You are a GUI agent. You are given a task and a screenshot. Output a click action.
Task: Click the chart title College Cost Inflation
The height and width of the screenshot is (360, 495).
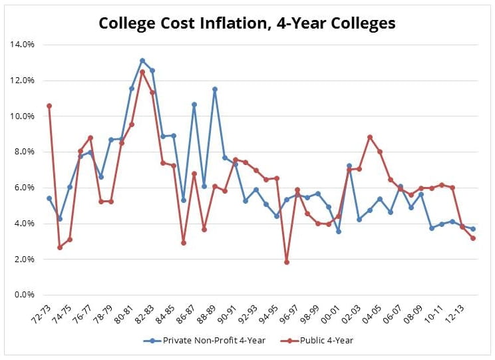click(x=247, y=23)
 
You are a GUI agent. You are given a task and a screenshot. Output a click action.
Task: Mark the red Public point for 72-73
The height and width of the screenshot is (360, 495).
click(x=49, y=106)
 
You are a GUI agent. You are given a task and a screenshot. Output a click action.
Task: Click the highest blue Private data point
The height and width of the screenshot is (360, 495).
click(x=142, y=61)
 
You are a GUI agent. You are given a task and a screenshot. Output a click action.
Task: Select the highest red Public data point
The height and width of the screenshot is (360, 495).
click(x=142, y=72)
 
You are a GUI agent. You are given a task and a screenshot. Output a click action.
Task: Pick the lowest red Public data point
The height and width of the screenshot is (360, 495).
click(x=287, y=262)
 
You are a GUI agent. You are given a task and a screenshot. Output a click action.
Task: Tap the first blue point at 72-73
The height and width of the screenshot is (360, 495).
click(x=49, y=198)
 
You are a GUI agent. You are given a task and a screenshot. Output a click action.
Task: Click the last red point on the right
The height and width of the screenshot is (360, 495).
click(x=473, y=238)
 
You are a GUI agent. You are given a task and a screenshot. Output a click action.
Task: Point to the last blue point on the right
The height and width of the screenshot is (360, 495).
click(x=473, y=229)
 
